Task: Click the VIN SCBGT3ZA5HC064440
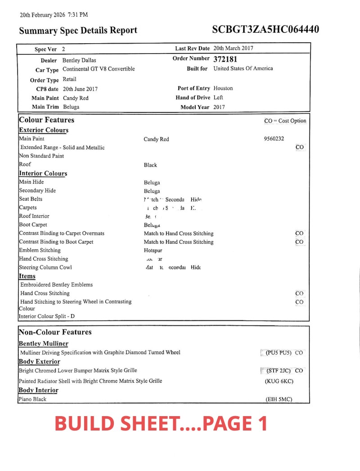pos(265,30)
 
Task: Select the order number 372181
pos(225,59)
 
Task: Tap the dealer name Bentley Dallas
pos(79,60)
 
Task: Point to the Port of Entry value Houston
pos(223,88)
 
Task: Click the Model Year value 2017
pos(220,107)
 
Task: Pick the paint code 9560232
pos(274,139)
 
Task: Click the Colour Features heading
pos(47,120)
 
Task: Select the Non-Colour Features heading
pos(55,332)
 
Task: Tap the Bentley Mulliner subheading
pos(44,344)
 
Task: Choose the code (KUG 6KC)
pos(279,381)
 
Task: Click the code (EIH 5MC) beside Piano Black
pos(279,399)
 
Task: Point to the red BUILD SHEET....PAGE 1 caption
pos(161,423)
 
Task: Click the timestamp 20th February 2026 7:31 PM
pos(54,15)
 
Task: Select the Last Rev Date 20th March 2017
pos(233,48)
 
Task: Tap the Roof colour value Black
pos(150,165)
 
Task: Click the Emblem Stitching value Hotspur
pos(153,251)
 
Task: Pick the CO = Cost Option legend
pos(285,121)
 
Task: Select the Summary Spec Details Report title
pos(78,31)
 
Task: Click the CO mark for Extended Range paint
pos(300,147)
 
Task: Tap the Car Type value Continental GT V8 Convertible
pos(99,69)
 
